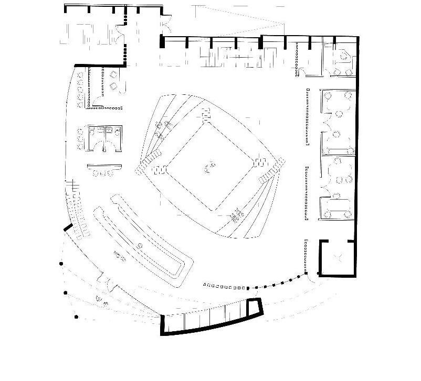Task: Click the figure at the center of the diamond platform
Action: pyautogui.click(x=210, y=167)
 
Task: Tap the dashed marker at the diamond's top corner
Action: pyautogui.click(x=206, y=113)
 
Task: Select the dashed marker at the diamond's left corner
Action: pyautogui.click(x=159, y=170)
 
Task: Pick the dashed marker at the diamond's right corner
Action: pyautogui.click(x=258, y=163)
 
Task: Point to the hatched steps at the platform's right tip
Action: pyautogui.click(x=272, y=170)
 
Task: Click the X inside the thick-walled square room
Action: pyautogui.click(x=339, y=256)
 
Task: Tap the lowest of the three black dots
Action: pyautogui.click(x=76, y=317)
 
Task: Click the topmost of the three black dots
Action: pyautogui.click(x=61, y=263)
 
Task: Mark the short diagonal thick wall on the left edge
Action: pyautogui.click(x=67, y=227)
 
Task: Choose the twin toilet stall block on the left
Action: pyautogui.click(x=104, y=138)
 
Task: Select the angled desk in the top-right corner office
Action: pyautogui.click(x=344, y=55)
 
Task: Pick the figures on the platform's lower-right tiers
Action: pyautogui.click(x=237, y=214)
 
